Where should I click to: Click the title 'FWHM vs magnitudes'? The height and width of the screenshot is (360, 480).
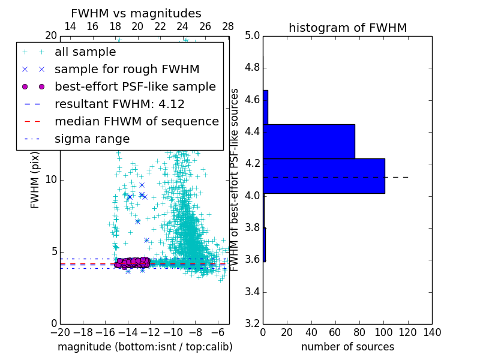pos(136,14)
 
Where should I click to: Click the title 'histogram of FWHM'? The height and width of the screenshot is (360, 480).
pos(347,28)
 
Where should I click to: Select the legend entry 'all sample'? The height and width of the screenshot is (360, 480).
pos(85,52)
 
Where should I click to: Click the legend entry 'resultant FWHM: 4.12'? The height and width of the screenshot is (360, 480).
pos(119,104)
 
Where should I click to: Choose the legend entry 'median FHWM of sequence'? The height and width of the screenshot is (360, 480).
pos(136,122)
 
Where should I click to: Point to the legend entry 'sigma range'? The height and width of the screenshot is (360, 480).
pos(92,139)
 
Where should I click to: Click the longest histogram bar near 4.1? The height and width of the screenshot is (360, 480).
pos(323,176)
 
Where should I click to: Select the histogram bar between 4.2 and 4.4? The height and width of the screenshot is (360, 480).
pos(309,142)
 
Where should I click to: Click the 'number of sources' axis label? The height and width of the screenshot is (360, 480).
pos(347,347)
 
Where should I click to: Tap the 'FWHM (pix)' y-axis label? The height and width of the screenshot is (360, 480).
pos(35,180)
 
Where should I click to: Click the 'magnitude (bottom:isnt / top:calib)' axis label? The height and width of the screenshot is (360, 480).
pos(145,347)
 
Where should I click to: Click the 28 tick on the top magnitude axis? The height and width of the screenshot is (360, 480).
pos(228,26)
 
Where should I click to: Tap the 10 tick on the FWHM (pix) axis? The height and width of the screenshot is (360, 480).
pos(50,180)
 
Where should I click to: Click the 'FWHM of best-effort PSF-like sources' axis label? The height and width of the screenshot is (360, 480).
pos(235,180)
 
